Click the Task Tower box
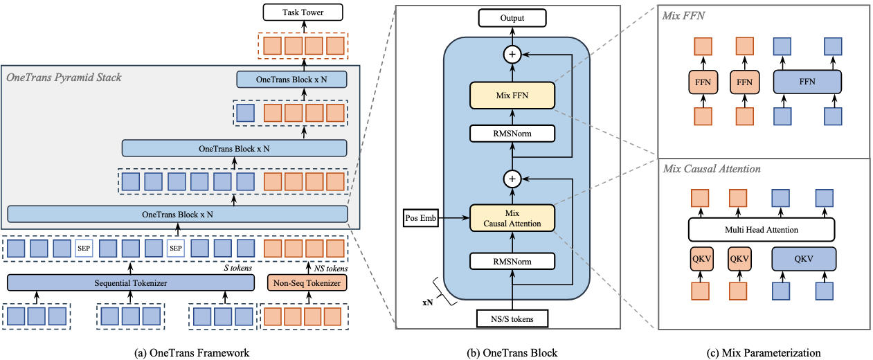[302, 12]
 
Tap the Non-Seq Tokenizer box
[305, 282]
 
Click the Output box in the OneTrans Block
[512, 17]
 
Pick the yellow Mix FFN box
[512, 95]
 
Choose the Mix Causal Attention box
[512, 217]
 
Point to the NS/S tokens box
[512, 318]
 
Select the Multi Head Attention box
[761, 230]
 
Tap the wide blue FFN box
[807, 81]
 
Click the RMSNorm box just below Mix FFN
[512, 134]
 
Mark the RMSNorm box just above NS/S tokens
[512, 261]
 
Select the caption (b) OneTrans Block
[512, 353]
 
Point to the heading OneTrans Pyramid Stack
[64, 77]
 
